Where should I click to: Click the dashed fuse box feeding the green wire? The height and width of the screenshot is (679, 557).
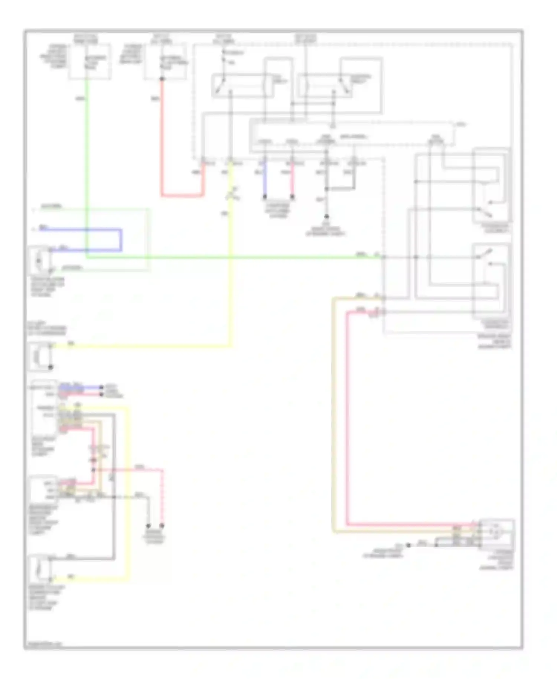[89, 61]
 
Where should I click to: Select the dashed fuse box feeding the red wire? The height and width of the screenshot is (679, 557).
[165, 61]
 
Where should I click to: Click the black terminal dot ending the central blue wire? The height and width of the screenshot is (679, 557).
[265, 196]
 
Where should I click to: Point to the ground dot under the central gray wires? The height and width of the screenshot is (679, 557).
[327, 216]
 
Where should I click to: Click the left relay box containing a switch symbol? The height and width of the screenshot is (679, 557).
[242, 86]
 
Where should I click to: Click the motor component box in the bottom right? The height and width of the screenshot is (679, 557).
[496, 534]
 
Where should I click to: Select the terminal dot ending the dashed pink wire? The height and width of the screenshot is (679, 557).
[162, 526]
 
